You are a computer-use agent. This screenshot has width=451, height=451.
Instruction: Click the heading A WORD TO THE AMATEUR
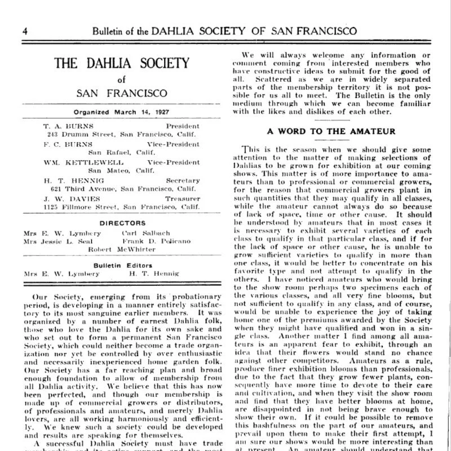[x=331, y=131]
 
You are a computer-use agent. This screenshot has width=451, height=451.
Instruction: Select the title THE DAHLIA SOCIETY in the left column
[x=121, y=63]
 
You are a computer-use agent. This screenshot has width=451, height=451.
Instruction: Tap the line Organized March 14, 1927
[x=121, y=112]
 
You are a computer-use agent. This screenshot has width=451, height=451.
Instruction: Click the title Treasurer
[x=182, y=199]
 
